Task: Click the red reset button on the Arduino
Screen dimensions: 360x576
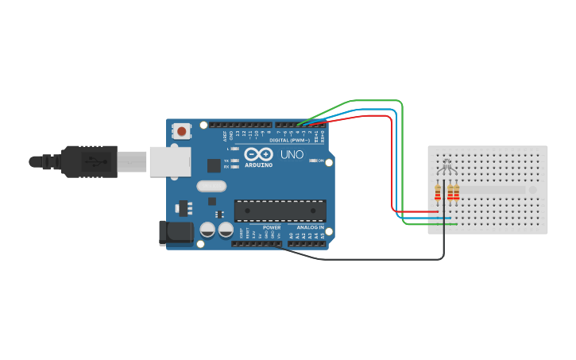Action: pos(182,131)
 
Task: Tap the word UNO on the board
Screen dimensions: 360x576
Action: pos(292,155)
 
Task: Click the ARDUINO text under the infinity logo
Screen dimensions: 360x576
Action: pos(259,165)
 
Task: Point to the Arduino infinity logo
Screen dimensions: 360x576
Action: pos(259,154)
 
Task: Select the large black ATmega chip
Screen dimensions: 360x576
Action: pos(280,211)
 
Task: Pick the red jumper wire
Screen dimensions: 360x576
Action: pos(392,159)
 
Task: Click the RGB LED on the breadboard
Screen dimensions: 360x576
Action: pos(447,166)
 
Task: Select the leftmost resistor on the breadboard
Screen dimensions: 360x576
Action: pos(438,193)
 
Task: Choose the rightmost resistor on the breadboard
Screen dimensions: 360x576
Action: pos(456,193)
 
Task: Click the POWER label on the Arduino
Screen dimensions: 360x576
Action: pos(272,226)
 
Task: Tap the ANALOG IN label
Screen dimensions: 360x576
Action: pos(311,226)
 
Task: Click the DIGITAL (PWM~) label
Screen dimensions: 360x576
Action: pos(289,140)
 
